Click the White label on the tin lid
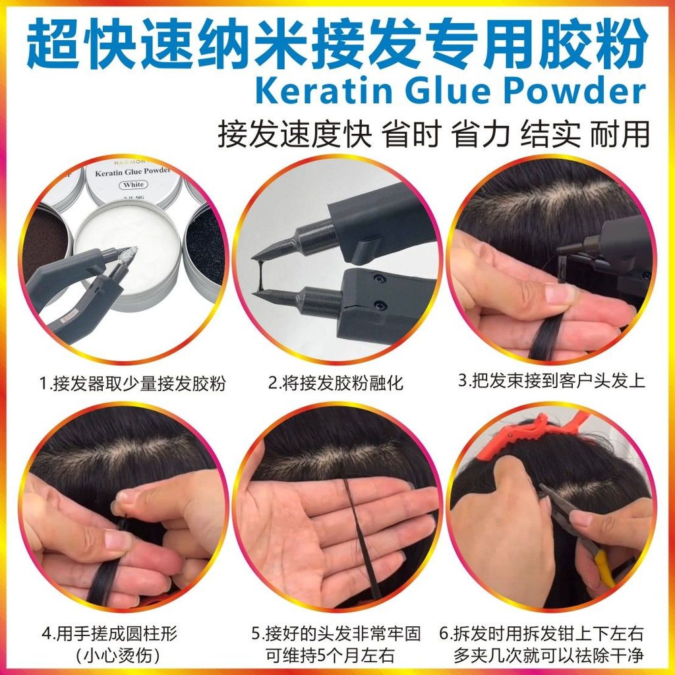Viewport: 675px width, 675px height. [x=134, y=185]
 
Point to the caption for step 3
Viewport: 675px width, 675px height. [x=550, y=380]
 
